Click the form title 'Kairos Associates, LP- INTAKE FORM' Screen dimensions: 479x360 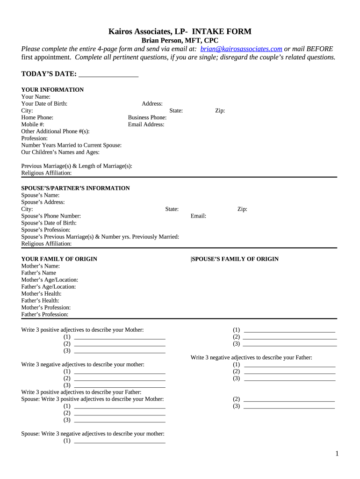point(180,32)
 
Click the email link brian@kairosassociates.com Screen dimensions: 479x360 point(241,49)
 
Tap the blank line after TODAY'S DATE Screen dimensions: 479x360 point(108,74)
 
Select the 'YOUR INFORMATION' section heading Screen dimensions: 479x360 point(52,90)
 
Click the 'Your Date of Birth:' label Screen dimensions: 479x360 point(44,104)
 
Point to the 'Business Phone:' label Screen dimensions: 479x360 point(147,118)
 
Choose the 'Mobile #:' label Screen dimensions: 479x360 point(33,125)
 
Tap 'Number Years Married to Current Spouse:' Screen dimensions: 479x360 point(72,145)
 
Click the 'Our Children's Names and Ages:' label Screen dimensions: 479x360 point(60,152)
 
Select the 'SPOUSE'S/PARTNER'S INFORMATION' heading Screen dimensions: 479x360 point(75,189)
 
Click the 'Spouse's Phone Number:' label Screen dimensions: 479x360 point(51,216)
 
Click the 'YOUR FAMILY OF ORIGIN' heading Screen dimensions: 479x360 point(59,259)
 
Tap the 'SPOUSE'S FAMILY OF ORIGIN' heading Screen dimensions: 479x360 point(235,259)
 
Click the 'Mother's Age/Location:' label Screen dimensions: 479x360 point(50,280)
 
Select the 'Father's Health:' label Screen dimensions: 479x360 point(40,301)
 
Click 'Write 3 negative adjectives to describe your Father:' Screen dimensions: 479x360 point(251,358)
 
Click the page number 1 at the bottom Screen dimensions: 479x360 point(337,454)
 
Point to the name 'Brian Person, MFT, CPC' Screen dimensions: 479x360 point(180,41)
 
